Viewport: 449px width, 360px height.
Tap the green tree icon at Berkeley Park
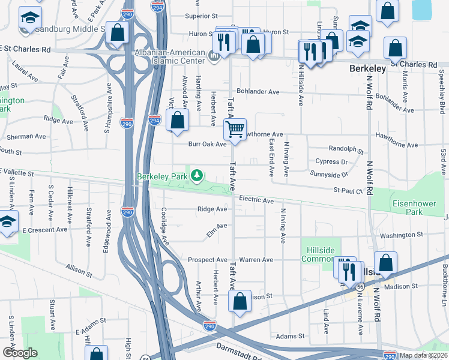pos(196,176)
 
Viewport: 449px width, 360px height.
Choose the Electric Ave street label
pos(256,199)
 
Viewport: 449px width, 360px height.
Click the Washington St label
pos(402,235)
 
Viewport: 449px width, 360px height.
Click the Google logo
pos(20,353)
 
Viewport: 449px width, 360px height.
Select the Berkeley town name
pos(367,69)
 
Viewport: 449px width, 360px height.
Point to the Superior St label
pos(200,16)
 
